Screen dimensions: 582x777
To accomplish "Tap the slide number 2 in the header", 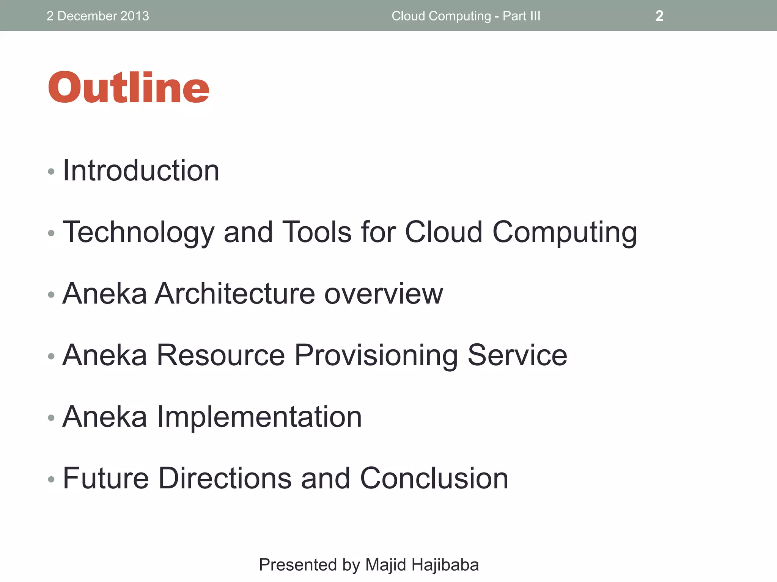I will [x=659, y=16].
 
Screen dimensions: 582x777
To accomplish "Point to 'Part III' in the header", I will [x=521, y=16].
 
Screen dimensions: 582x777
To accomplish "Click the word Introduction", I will [x=141, y=171].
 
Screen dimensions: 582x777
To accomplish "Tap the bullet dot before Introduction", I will [x=51, y=172].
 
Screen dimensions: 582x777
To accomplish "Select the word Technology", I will [x=138, y=232].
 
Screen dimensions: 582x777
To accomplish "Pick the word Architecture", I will [x=235, y=293].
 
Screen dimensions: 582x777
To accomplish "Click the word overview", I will [x=384, y=293].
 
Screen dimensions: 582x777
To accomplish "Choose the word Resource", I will [x=220, y=355].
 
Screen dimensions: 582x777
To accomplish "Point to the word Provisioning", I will [x=376, y=355].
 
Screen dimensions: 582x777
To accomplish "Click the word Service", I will [x=517, y=355].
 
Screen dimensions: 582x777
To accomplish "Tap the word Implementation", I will [x=259, y=416].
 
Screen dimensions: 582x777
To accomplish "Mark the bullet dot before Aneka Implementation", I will [x=51, y=418].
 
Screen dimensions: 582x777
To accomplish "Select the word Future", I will [x=106, y=478].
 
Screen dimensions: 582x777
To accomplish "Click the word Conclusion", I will [x=434, y=478].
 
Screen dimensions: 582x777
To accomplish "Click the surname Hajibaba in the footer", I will [x=445, y=565].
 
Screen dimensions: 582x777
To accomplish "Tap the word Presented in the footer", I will [x=298, y=565].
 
